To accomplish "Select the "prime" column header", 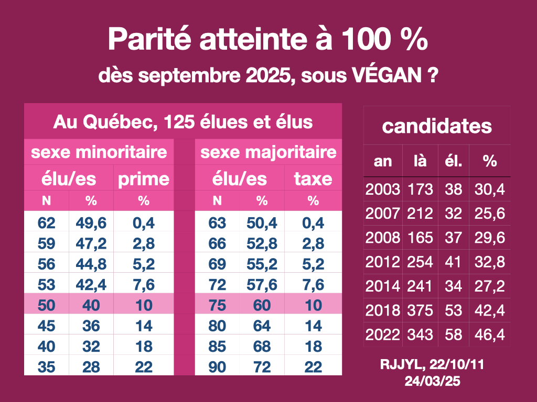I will point(143,179).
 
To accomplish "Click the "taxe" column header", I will point(313,179).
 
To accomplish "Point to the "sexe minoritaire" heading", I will point(99,152).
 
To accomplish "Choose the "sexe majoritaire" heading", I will point(268,152).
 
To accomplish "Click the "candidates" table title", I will point(437,126).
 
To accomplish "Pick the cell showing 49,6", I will point(91,223).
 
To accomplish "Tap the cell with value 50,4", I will point(261,223).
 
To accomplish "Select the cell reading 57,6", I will point(261,285).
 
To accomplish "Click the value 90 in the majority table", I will point(217,366).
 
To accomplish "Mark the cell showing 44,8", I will point(91,264).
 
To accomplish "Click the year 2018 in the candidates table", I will point(383,310).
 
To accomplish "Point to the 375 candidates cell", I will point(420,310).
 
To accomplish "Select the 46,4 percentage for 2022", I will point(490,334).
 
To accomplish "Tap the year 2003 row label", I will point(383,189).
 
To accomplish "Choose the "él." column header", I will point(454,161).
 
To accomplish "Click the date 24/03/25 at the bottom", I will point(432,382).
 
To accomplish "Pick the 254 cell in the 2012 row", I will point(420,262).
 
